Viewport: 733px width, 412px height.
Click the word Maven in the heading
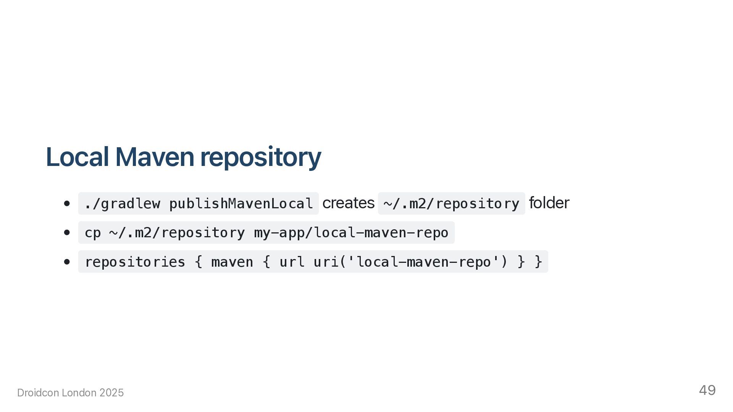155,157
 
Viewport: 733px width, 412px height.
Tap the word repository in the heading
260,157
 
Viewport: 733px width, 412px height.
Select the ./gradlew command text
122,204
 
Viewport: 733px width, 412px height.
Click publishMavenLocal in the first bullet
241,204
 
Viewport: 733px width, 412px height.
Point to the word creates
348,203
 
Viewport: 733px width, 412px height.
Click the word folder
549,203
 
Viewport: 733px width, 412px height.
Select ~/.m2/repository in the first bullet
451,204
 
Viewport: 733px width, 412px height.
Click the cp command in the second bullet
92,233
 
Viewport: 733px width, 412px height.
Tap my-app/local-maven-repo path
351,233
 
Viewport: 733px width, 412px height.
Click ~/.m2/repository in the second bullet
177,233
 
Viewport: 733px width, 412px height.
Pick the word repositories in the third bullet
135,262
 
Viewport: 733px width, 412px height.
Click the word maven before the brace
232,262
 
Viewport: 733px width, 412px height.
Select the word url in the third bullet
292,262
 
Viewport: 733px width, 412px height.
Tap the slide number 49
707,390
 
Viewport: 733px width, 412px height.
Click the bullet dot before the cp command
67,232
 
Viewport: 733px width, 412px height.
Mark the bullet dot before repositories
67,262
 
